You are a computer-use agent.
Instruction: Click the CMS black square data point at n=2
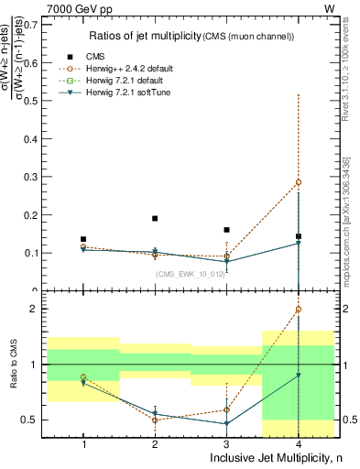155,219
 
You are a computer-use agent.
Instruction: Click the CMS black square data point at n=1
83,239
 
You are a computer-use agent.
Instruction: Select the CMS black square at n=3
227,230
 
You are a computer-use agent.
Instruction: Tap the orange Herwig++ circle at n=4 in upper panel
299,182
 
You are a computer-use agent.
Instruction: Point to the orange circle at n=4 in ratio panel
299,310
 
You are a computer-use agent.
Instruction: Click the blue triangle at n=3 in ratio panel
227,423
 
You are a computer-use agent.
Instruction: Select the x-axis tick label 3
227,444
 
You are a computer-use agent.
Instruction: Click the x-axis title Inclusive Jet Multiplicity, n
283,458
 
